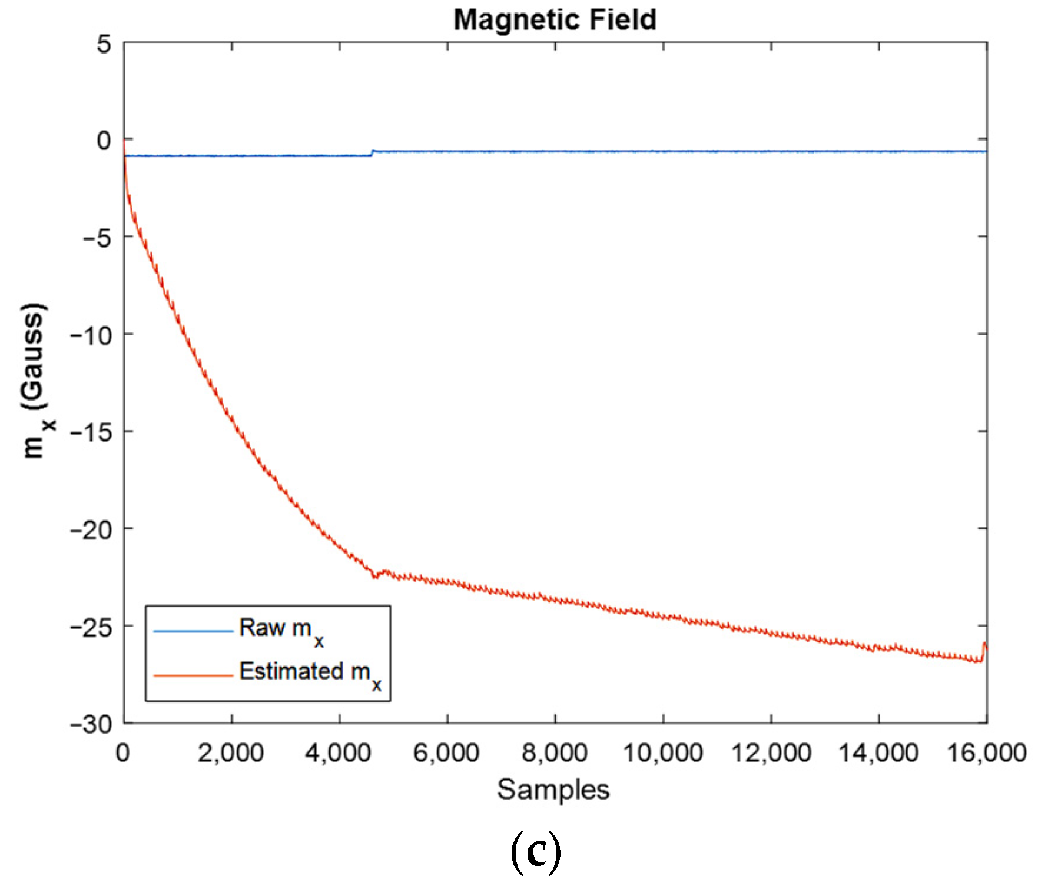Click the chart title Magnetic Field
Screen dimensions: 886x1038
(554, 19)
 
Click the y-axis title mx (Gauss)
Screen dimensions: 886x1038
(35, 381)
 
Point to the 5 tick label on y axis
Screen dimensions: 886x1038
(104, 44)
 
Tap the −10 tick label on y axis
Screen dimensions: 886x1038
(92, 336)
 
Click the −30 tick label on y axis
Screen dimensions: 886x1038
(92, 725)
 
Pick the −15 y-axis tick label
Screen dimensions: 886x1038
(92, 434)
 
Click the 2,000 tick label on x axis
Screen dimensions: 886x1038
(231, 754)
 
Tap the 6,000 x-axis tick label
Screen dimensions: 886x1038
(446, 754)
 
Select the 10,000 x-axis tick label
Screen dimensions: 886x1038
(662, 754)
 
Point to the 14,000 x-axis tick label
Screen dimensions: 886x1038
(878, 754)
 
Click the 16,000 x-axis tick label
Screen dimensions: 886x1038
(987, 754)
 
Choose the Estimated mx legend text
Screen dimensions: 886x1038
(310, 674)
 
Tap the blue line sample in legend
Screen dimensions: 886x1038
(193, 632)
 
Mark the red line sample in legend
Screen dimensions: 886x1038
(193, 675)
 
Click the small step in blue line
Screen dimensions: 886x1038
(372, 153)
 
